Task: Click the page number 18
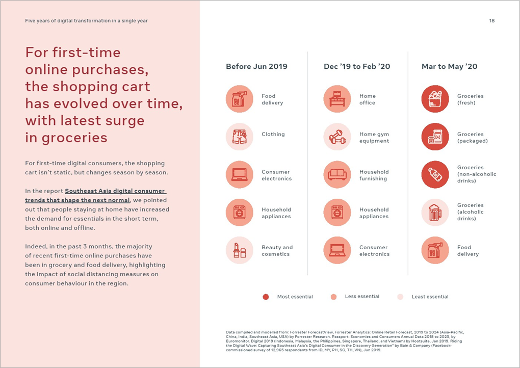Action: [x=491, y=21]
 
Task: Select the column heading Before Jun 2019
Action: [x=256, y=67]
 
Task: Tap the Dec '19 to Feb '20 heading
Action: [x=357, y=67]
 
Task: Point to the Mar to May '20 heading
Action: [x=449, y=67]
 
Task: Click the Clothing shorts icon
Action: [x=239, y=137]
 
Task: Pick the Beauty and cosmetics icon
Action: [x=239, y=250]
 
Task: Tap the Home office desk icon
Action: [x=337, y=99]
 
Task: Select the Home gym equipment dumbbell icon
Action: [x=337, y=137]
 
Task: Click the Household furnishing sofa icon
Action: [x=337, y=175]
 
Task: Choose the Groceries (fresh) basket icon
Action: [x=435, y=99]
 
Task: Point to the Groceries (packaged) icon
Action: [x=435, y=137]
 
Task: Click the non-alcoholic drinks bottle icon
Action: [x=435, y=175]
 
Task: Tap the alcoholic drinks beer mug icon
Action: [x=435, y=213]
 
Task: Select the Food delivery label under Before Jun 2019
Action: [x=272, y=99]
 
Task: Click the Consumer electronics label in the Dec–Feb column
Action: [x=374, y=251]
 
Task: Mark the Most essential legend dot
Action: [x=266, y=297]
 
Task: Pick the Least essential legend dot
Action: [x=400, y=297]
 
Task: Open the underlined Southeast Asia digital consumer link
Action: [x=96, y=195]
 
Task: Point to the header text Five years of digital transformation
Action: [x=86, y=21]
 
